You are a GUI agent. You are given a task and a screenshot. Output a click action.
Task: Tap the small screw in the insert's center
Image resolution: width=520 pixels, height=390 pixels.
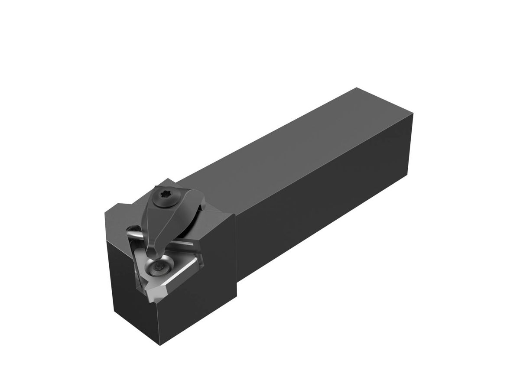click(x=157, y=269)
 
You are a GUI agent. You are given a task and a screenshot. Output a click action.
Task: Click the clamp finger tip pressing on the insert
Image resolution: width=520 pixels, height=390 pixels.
click(x=153, y=252)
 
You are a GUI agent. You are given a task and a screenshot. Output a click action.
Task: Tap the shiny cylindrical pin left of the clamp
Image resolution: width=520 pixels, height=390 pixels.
click(x=135, y=234)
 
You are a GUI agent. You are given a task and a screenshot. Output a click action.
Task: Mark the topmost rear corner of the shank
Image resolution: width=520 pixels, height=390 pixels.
click(x=356, y=88)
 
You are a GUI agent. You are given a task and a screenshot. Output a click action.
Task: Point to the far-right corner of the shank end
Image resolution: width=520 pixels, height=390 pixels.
click(x=413, y=114)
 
